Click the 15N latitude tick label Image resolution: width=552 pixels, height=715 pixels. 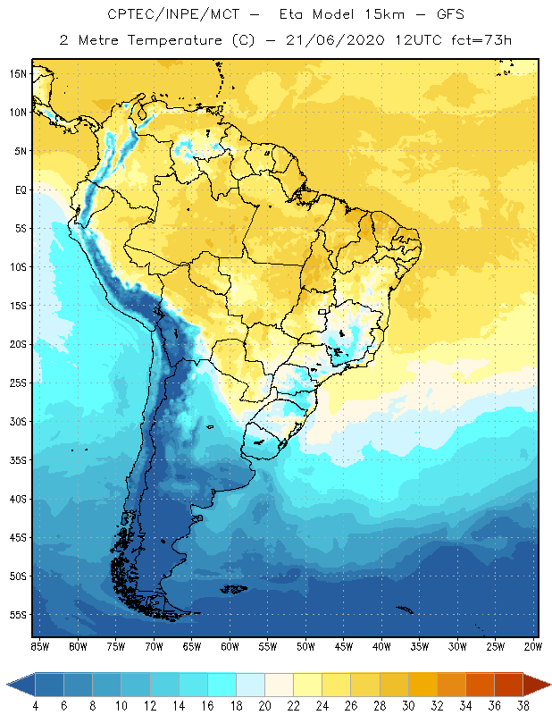pos(18,73)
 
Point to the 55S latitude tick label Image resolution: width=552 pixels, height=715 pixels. pos(18,615)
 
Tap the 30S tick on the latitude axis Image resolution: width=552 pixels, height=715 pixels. pos(18,421)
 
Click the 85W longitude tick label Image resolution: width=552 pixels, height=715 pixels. pos(39,646)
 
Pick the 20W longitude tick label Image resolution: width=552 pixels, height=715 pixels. pos(531,646)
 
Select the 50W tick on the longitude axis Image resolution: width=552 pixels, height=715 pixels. pos(305,646)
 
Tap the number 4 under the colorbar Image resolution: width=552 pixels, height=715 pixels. pos(36,706)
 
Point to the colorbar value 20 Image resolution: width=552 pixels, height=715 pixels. pos(264,706)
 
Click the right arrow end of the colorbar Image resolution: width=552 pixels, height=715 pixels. pos(538,685)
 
